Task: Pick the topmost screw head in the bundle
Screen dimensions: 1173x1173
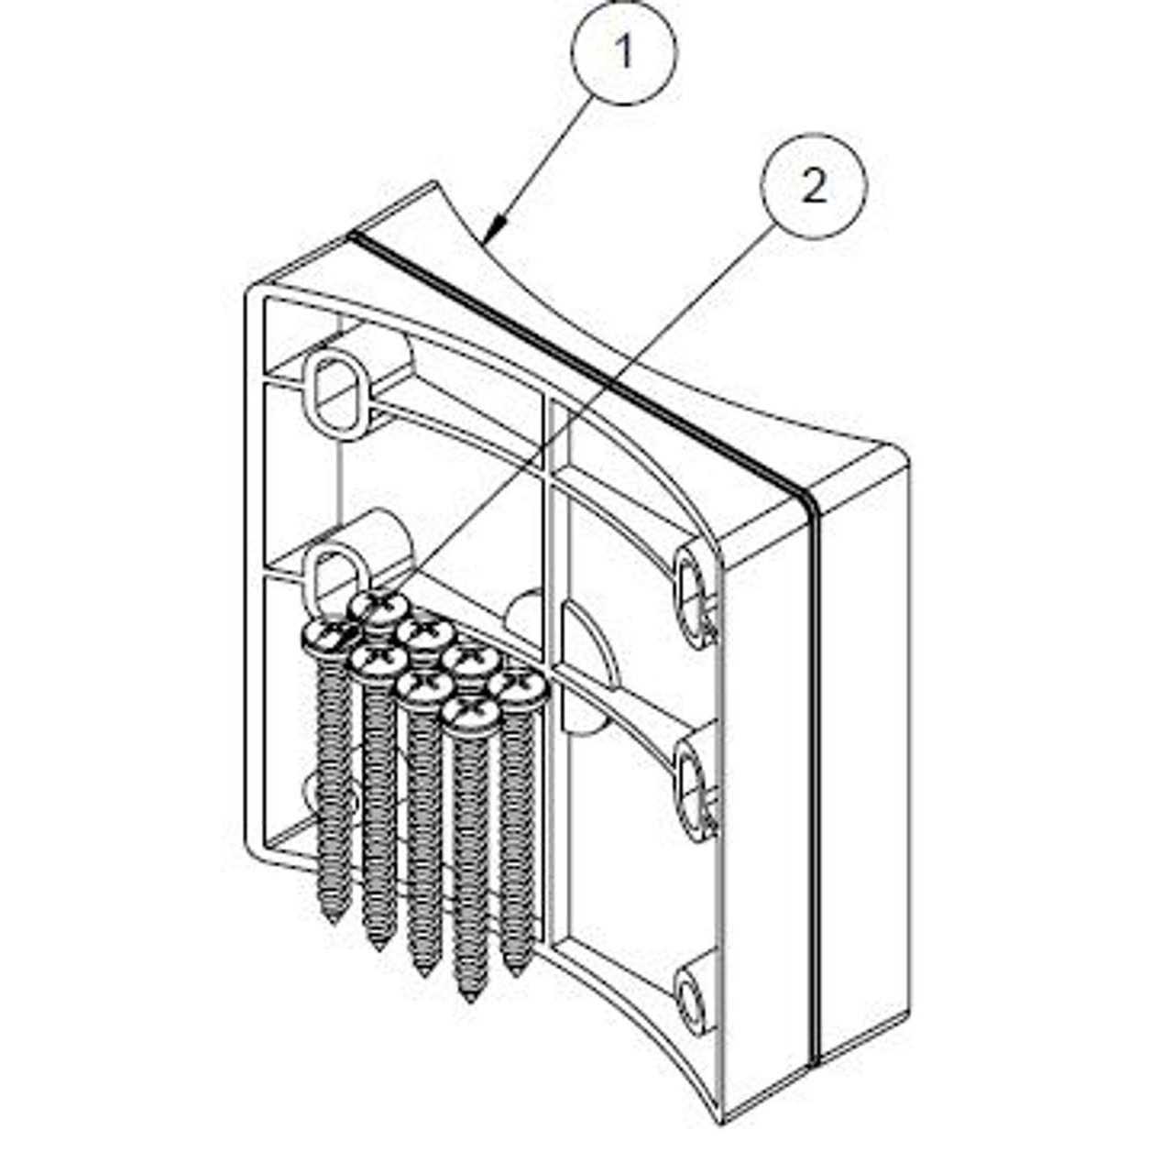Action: pyautogui.click(x=379, y=607)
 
